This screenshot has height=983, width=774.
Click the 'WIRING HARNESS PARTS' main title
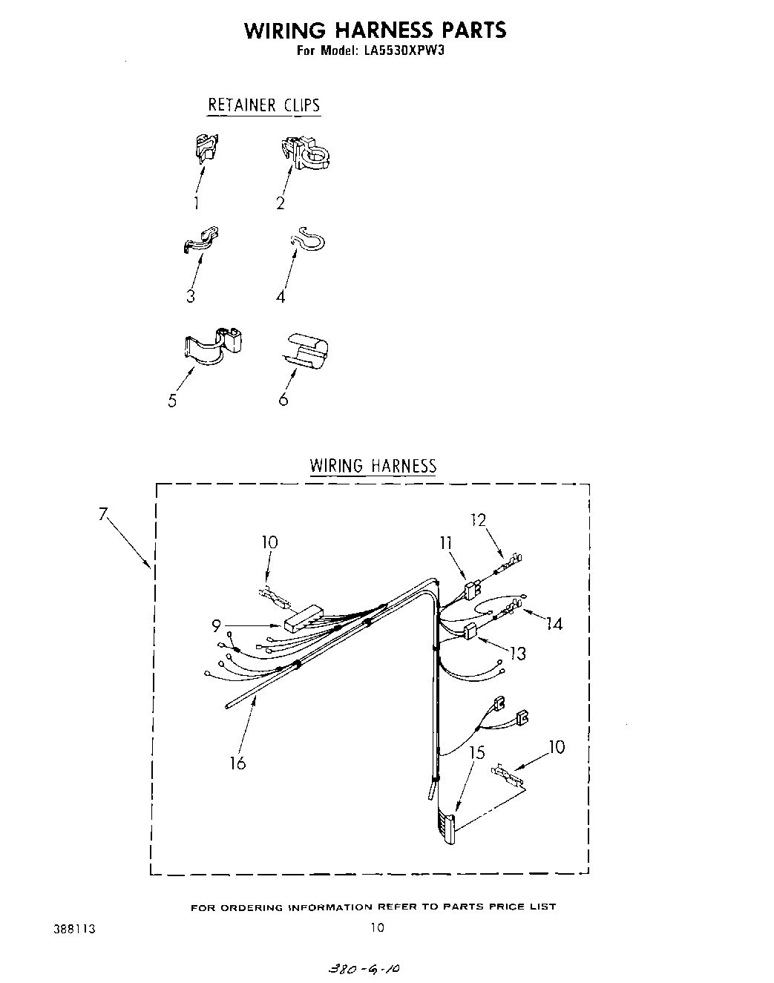click(375, 30)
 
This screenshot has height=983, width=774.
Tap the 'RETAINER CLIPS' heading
click(263, 105)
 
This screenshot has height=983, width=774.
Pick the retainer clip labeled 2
click(308, 152)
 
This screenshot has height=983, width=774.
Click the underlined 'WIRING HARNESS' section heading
click(373, 466)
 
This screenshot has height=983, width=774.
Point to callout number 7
click(103, 513)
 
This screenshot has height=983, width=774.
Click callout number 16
click(237, 762)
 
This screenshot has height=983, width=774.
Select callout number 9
click(216, 626)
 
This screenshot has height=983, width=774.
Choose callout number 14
click(553, 624)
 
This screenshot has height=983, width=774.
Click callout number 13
click(518, 653)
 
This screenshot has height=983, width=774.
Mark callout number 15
click(477, 753)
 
